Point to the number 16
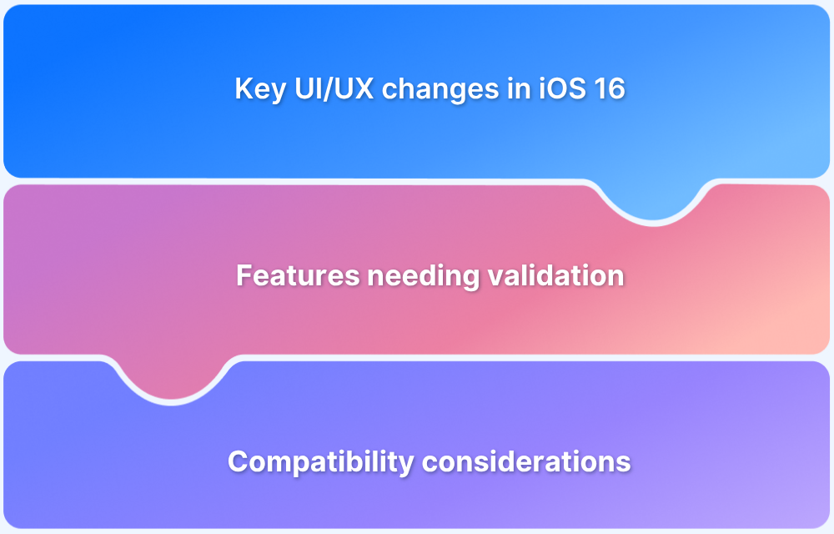pyautogui.click(x=608, y=89)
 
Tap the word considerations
pyautogui.click(x=520, y=461)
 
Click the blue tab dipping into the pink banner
pyautogui.click(x=653, y=200)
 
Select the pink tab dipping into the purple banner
pyautogui.click(x=172, y=380)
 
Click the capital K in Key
pyautogui.click(x=244, y=89)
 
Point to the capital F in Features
pyautogui.click(x=244, y=275)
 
